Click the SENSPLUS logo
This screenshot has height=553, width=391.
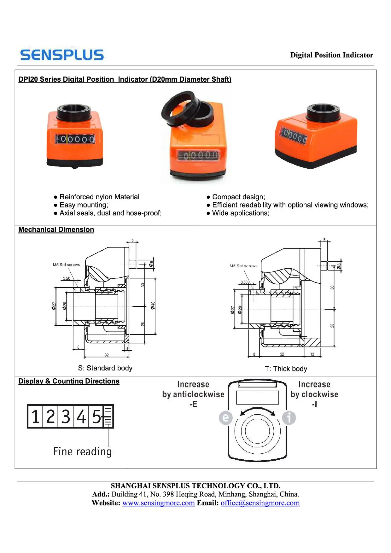click(62, 55)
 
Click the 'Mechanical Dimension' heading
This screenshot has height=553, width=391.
click(56, 230)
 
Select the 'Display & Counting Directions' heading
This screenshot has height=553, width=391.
click(69, 381)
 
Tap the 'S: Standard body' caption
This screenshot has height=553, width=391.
click(105, 368)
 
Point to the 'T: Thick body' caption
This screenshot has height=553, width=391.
click(286, 369)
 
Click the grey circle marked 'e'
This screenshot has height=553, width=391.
click(226, 418)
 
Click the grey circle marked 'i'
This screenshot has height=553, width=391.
click(289, 418)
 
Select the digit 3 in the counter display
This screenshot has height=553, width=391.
click(66, 416)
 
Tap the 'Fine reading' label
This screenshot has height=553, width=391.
click(82, 451)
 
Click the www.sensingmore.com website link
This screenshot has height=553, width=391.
click(158, 503)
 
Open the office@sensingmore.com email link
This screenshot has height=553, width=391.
click(260, 503)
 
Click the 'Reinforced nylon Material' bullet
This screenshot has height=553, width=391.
click(99, 197)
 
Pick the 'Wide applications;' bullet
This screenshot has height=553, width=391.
click(240, 213)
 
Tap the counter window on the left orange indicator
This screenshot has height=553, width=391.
click(75, 139)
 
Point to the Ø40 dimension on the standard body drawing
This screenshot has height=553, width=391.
click(153, 305)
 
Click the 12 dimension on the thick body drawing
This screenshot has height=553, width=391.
click(312, 354)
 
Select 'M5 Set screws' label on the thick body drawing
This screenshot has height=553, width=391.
click(243, 266)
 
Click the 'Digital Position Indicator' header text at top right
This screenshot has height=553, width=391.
click(331, 55)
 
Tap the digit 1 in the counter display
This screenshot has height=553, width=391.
click(35, 416)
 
